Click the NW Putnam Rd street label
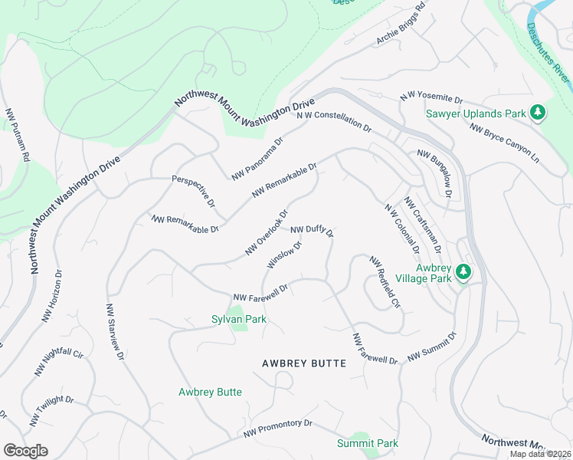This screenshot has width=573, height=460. [x=17, y=135]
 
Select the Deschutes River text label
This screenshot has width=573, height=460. [x=548, y=53]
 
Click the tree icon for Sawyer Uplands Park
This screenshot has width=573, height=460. [x=538, y=113]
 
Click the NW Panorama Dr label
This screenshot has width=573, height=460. [x=257, y=159]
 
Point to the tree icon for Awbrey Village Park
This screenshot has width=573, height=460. [x=463, y=272]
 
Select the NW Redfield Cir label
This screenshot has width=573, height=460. [x=385, y=282]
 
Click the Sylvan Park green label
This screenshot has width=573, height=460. [x=239, y=319]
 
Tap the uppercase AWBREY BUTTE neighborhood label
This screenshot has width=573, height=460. [x=304, y=363]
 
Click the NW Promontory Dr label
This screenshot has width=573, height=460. [x=279, y=428]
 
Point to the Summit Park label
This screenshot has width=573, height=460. [x=368, y=443]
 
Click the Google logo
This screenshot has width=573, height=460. [x=25, y=451]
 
